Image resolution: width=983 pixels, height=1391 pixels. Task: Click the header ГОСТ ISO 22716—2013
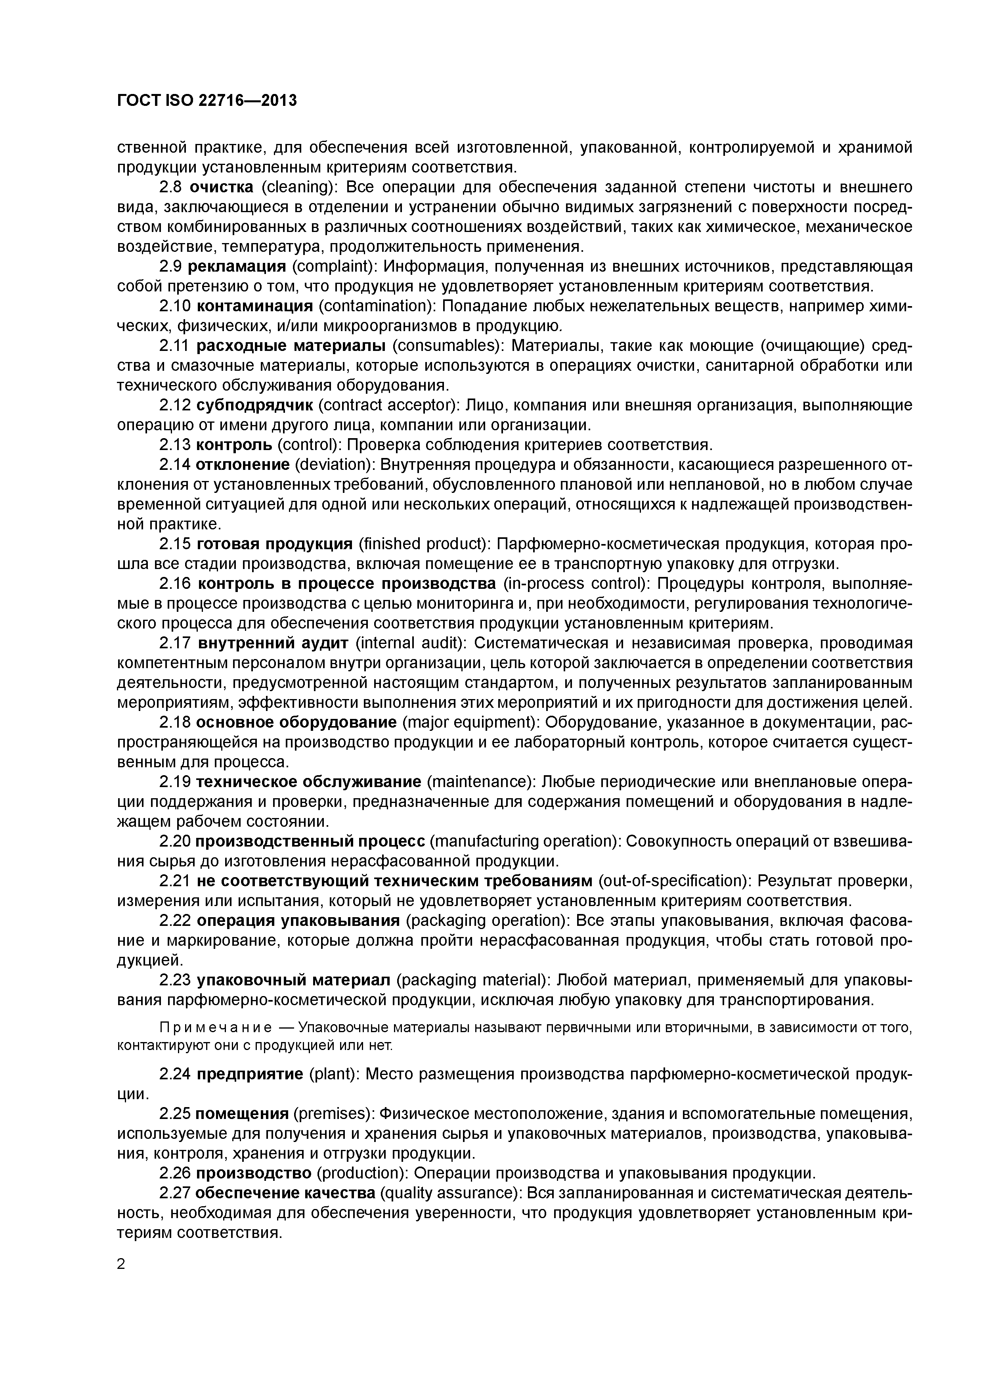point(207,101)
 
